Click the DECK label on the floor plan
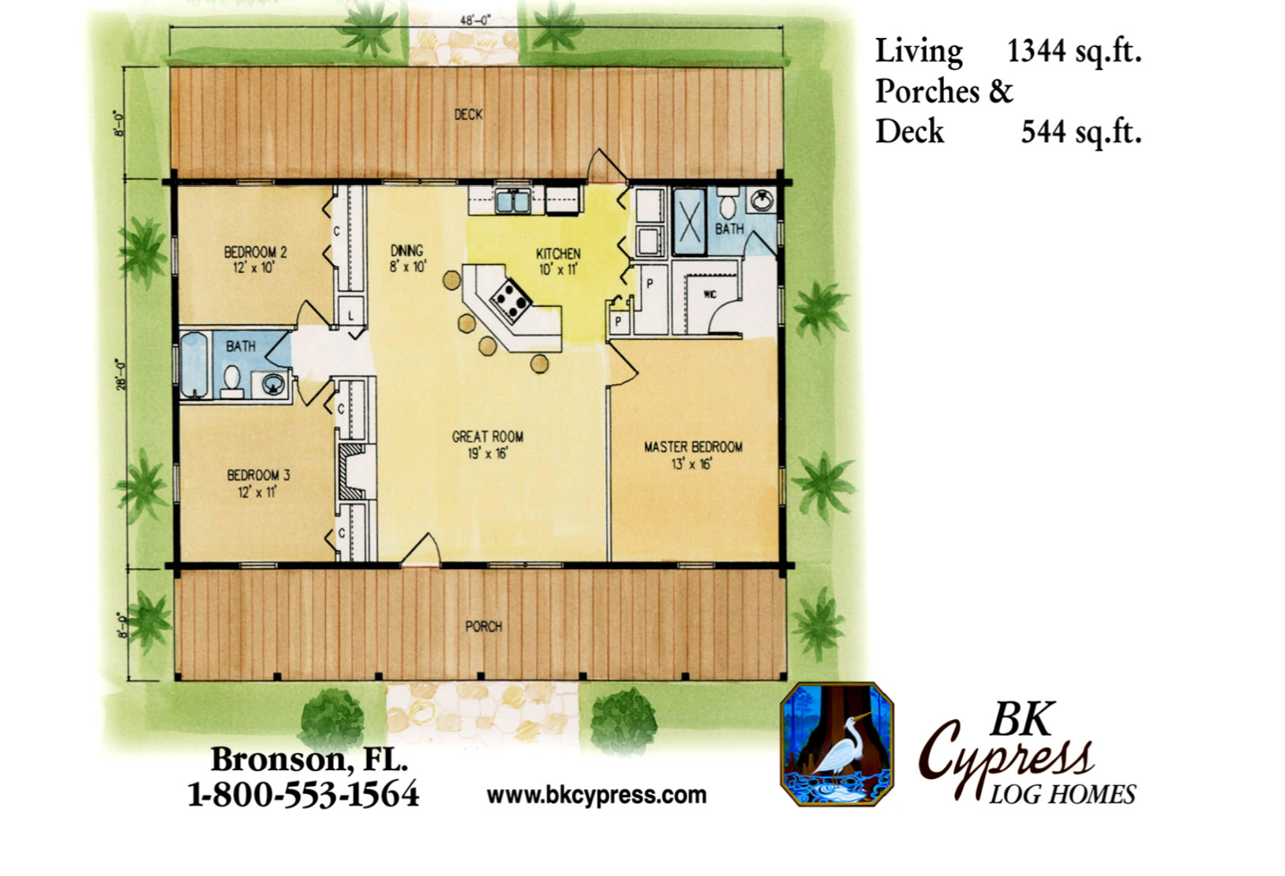pyautogui.click(x=468, y=114)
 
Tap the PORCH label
pyautogui.click(x=484, y=627)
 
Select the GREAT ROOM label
pyautogui.click(x=488, y=437)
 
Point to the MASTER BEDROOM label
pyautogui.click(x=693, y=447)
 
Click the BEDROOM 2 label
pyautogui.click(x=255, y=252)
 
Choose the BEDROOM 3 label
pyautogui.click(x=258, y=475)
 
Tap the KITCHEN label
pyautogui.click(x=558, y=253)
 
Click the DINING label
pyautogui.click(x=406, y=251)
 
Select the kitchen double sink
pyautogui.click(x=513, y=201)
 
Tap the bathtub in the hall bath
pyautogui.click(x=194, y=365)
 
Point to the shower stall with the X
pyautogui.click(x=689, y=222)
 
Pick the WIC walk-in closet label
pyautogui.click(x=710, y=295)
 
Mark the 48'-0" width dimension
pyautogui.click(x=476, y=21)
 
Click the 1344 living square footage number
pyautogui.click(x=1036, y=51)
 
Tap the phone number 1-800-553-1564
pyautogui.click(x=303, y=795)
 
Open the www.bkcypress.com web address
pyautogui.click(x=597, y=796)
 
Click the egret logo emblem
pyautogui.click(x=837, y=744)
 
